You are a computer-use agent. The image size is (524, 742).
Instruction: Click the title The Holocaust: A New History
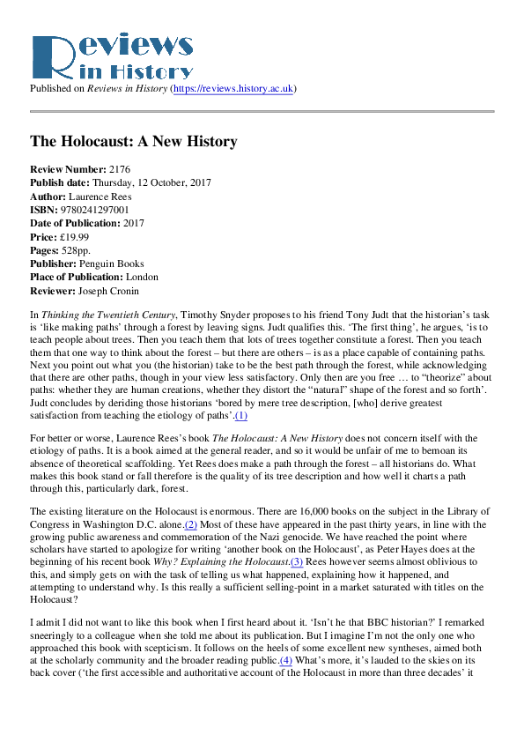point(133,141)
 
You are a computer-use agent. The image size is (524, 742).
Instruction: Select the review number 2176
point(120,168)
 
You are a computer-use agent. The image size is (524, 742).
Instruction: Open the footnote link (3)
point(297,561)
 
